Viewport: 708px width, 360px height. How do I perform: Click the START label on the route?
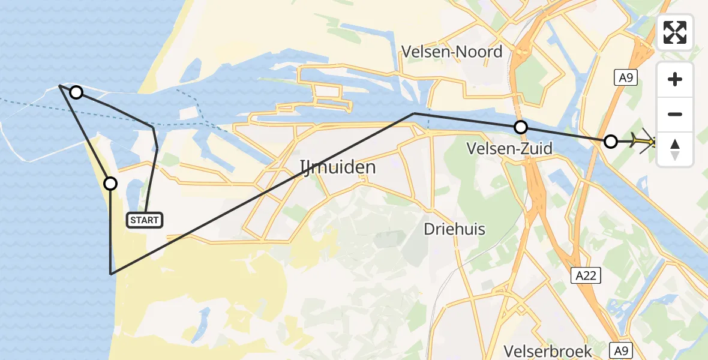(145, 220)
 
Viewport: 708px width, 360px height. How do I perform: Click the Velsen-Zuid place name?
(510, 148)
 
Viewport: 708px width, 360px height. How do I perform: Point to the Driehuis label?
(454, 229)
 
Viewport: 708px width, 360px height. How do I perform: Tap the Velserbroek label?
(548, 351)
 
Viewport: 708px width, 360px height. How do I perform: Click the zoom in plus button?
(675, 79)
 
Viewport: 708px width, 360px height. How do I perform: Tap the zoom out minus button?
(675, 114)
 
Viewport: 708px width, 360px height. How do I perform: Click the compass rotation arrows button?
(675, 149)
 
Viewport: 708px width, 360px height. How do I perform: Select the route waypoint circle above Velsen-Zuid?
(521, 127)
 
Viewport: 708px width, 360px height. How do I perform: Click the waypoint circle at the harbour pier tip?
(76, 92)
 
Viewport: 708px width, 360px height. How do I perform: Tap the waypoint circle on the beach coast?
(110, 183)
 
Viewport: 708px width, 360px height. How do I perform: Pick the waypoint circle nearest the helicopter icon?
(610, 142)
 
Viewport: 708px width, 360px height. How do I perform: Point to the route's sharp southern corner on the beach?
(111, 274)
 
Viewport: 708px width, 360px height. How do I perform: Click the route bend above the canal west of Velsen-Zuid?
(414, 113)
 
